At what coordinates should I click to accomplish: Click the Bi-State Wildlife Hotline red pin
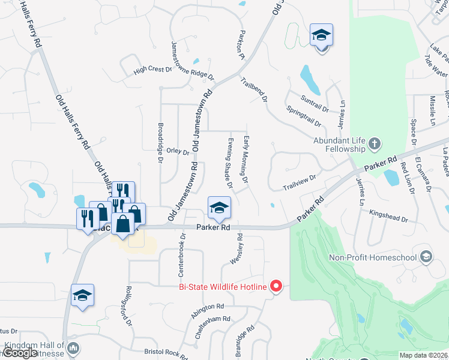coord(276,286)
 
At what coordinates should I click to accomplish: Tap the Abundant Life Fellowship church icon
coord(375,143)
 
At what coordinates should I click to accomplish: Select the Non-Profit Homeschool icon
coord(426,257)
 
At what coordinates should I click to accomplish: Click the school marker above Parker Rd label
coord(219,208)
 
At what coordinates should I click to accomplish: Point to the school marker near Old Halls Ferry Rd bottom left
coord(83,296)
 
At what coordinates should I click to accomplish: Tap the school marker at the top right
coord(321,36)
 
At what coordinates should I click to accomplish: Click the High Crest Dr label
coord(152,70)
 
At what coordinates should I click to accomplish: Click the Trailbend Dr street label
coord(255,89)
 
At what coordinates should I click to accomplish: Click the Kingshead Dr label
coord(388,215)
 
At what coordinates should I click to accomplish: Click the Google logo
coord(20,353)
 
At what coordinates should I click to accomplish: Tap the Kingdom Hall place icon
coord(73,347)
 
